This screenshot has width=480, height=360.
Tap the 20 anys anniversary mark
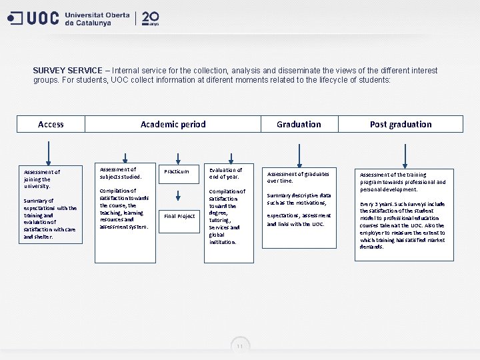coord(151,18)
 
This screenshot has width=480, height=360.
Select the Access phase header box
coord(51,124)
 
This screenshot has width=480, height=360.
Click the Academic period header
coord(173,124)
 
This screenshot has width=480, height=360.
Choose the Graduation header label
coord(299,124)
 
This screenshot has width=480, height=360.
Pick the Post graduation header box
coord(400,124)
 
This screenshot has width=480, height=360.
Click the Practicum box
coord(177,171)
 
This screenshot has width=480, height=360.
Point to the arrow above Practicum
coord(177,157)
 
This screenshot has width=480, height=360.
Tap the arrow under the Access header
coord(48,148)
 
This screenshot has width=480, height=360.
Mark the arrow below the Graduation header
coord(300,148)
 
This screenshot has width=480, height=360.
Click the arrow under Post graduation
coord(401,148)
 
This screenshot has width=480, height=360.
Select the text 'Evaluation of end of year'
coord(225,173)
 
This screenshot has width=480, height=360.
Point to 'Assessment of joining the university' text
coord(41,179)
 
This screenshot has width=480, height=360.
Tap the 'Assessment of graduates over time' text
coord(298,177)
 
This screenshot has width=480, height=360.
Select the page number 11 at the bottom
coord(240,346)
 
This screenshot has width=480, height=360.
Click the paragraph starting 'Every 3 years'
coord(402,225)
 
